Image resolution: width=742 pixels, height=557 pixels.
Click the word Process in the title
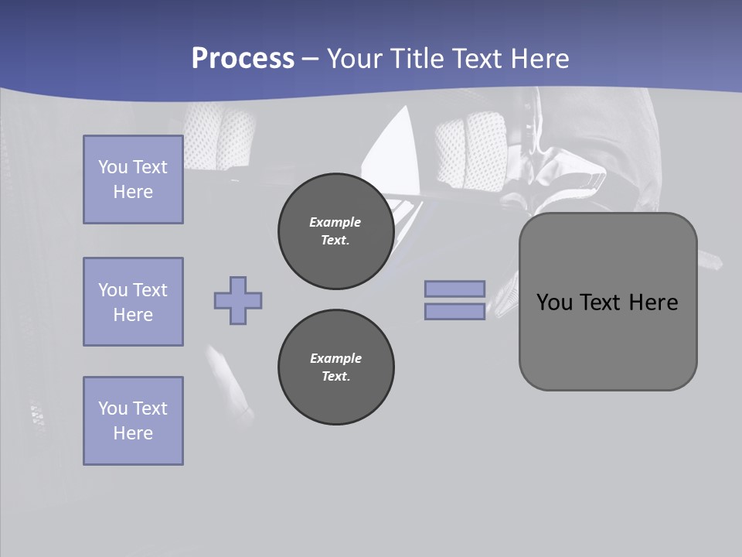[243, 59]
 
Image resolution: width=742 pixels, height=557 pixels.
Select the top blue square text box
[133, 179]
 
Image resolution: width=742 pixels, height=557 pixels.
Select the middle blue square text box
[133, 302]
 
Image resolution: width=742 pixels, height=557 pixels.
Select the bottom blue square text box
[133, 421]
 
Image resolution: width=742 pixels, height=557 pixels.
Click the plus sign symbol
[238, 300]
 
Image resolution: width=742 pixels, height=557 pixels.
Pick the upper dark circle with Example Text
[335, 231]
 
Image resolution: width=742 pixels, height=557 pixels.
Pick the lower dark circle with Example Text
[335, 367]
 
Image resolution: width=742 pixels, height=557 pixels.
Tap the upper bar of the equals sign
[454, 289]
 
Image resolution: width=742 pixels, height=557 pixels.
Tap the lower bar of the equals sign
[454, 311]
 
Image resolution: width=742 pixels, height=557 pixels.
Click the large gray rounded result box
[608, 340]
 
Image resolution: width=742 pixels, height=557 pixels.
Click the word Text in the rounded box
[604, 302]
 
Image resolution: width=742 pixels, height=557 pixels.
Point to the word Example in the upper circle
[335, 222]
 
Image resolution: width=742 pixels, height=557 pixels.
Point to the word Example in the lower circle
[335, 358]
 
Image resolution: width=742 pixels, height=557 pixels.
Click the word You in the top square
[112, 167]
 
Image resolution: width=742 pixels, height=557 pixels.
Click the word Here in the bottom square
[133, 433]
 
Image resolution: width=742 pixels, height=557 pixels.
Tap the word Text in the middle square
[149, 290]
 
